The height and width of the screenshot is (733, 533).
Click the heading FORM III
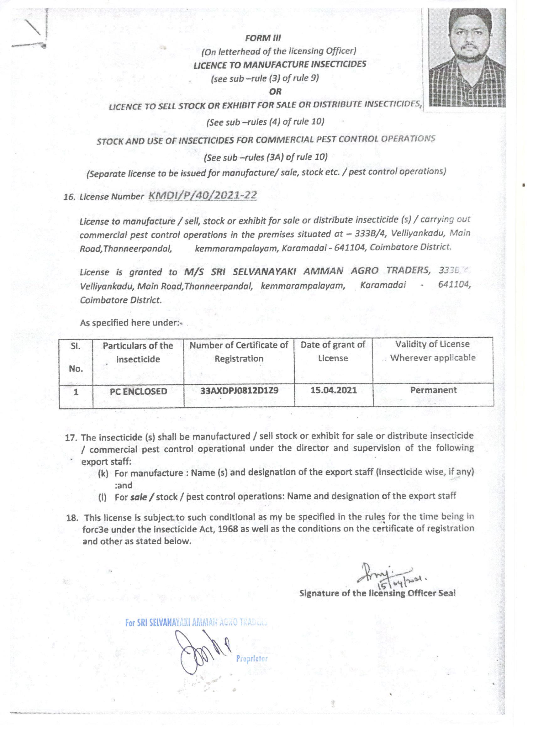tap(263, 38)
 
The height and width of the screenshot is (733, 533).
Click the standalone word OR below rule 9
tap(275, 92)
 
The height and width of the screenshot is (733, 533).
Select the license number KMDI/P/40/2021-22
tap(202, 195)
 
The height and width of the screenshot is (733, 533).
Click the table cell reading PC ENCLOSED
tap(138, 391)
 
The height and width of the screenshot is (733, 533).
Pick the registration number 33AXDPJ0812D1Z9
tap(239, 390)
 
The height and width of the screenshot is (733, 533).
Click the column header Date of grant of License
tap(333, 351)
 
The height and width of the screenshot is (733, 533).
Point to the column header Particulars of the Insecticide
tap(138, 352)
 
